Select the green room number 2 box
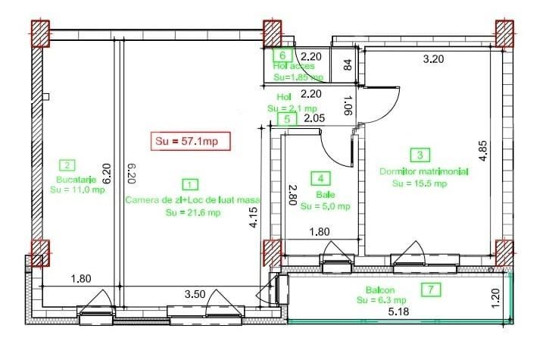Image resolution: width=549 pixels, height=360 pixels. (x=67, y=165)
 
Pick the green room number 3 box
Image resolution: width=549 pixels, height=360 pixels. (x=420, y=155)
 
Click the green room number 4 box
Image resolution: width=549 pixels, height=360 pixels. (x=321, y=179)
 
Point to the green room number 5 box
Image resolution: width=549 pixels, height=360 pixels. (x=286, y=119)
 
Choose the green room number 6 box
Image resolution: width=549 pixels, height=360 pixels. (x=282, y=55)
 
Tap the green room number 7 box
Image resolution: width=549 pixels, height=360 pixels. (x=430, y=289)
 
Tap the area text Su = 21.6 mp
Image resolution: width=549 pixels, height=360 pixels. (x=193, y=212)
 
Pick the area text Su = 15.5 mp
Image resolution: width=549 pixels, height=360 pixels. (x=420, y=183)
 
